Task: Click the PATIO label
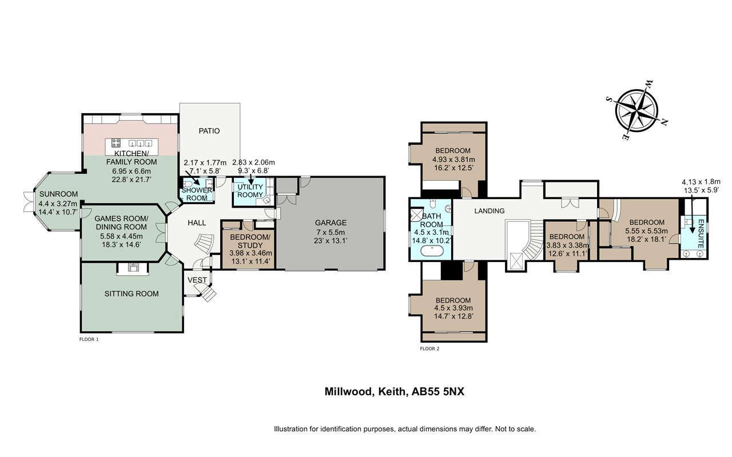click(209, 131)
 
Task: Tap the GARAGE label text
click(331, 222)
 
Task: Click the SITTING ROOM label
click(132, 293)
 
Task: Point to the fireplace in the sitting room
click(133, 268)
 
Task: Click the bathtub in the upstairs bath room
click(432, 252)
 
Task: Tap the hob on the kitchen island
click(116, 143)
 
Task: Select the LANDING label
click(489, 211)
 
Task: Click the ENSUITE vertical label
click(701, 233)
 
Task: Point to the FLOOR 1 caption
click(89, 339)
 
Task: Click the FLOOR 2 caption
click(429, 348)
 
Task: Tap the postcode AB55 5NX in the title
click(437, 391)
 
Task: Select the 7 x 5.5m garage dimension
click(331, 232)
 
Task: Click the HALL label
click(197, 222)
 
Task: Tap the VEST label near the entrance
click(197, 280)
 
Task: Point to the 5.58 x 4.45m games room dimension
click(121, 236)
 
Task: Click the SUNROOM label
click(58, 194)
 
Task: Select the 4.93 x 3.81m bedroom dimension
click(453, 160)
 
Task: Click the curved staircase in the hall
click(205, 244)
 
